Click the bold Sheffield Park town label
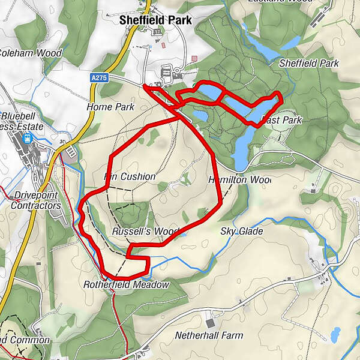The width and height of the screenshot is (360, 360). [155, 20]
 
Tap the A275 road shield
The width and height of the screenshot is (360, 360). [100, 77]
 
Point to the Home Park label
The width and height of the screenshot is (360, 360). [110, 107]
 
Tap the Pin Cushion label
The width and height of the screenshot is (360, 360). [130, 177]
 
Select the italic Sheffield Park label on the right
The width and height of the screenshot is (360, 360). [309, 63]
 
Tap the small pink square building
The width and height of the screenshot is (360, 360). [194, 58]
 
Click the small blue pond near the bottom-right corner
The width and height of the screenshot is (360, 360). [335, 334]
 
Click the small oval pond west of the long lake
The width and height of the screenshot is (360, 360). [200, 115]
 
